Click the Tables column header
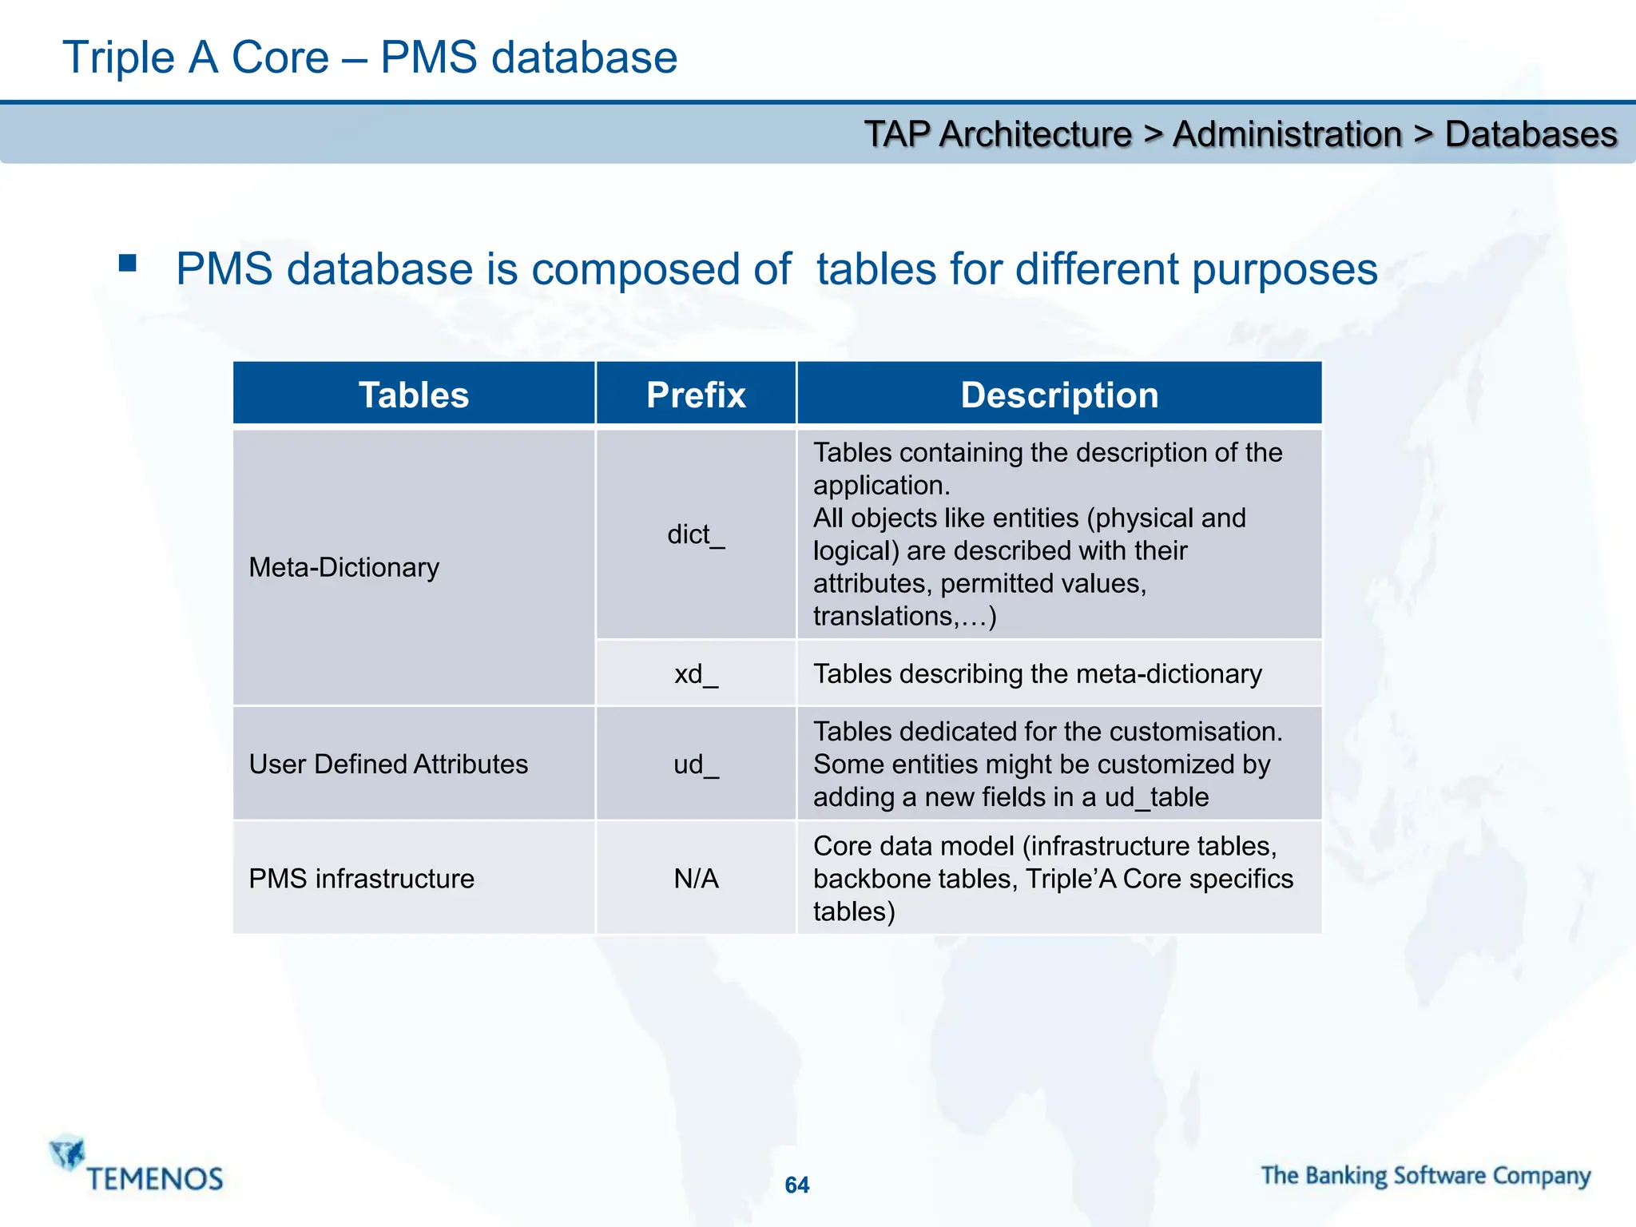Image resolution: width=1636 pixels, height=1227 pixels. point(414,395)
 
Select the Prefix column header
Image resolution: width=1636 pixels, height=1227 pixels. point(696,395)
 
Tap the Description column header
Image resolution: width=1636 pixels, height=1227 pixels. point(1059,395)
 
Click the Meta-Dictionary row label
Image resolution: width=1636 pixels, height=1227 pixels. point(344,567)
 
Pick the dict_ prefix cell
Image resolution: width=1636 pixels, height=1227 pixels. point(696,534)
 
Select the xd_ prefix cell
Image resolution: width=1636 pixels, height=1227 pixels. point(696,674)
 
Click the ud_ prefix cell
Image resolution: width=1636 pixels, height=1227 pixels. point(696,764)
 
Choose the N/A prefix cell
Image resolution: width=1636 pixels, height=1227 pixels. point(696,879)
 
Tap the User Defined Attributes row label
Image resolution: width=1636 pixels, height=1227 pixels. point(388,764)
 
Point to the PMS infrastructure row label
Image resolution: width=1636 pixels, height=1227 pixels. point(361,879)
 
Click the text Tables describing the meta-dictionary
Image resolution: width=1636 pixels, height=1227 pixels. point(1037,674)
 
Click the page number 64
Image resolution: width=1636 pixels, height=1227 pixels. point(796,1185)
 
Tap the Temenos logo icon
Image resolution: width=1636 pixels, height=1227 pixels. point(68,1153)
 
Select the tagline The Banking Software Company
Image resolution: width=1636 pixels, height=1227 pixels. point(1426,1176)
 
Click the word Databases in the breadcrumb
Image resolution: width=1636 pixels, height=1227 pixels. point(1531,134)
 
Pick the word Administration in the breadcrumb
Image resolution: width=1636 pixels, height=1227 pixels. point(1287,134)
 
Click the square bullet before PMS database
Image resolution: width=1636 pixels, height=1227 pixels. point(128,264)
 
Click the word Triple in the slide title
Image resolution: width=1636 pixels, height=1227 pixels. point(118,58)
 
